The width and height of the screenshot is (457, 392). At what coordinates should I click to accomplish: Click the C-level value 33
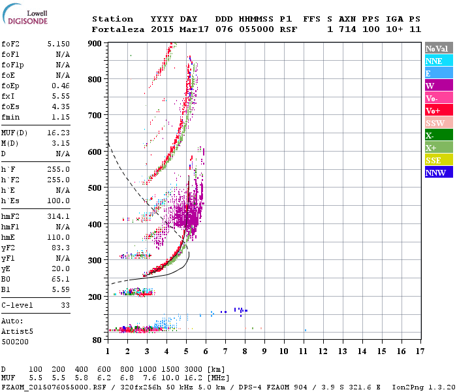pos(65,305)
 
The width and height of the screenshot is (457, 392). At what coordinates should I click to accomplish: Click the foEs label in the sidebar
pos(9,106)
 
